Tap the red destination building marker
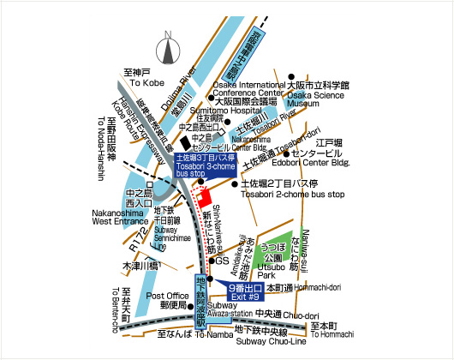[x=204, y=196]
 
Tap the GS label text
[x=222, y=261]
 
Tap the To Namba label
[x=182, y=342]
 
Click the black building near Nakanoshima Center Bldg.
[x=186, y=142]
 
